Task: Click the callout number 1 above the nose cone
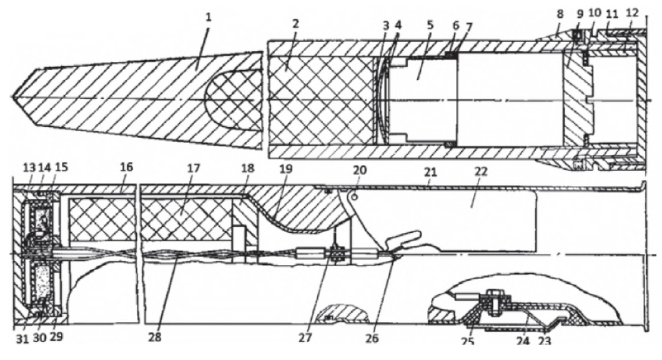tap(208, 17)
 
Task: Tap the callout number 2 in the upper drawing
tap(295, 24)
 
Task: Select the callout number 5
tap(430, 24)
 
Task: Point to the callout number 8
tap(560, 14)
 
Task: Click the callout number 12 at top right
tap(632, 13)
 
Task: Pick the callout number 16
tap(126, 167)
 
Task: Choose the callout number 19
tap(286, 169)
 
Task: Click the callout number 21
tap(430, 171)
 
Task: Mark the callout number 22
tap(481, 171)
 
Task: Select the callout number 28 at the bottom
tap(155, 338)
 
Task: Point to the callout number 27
tap(305, 337)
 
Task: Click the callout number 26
tap(372, 338)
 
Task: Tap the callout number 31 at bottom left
tap(23, 338)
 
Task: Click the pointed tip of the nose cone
tap(12, 98)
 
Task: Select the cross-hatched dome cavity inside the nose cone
tap(233, 99)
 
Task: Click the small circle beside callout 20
tap(355, 196)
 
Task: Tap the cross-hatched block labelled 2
tap(321, 99)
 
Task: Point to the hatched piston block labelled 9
tap(578, 99)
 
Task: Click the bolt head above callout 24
tap(492, 292)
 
